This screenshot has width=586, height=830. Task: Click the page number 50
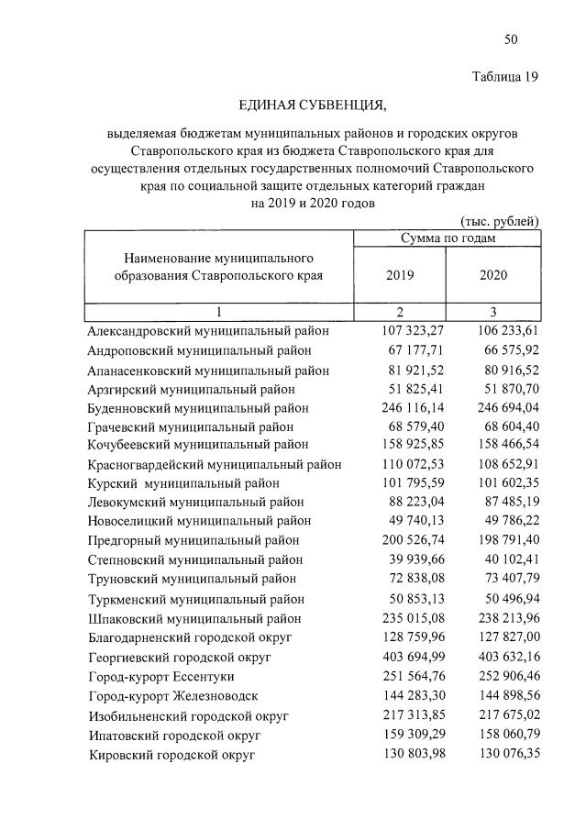[512, 39]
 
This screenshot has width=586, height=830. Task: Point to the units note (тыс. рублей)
[499, 221]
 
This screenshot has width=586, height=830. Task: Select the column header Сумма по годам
[448, 238]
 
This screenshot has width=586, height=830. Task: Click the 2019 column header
[400, 274]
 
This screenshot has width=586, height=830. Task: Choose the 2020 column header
[493, 274]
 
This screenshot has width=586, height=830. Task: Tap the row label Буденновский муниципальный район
[198, 408]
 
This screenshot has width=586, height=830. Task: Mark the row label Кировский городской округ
[171, 755]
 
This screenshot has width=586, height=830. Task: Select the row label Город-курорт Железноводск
[173, 696]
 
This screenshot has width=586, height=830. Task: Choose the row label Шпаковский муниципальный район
[195, 619]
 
